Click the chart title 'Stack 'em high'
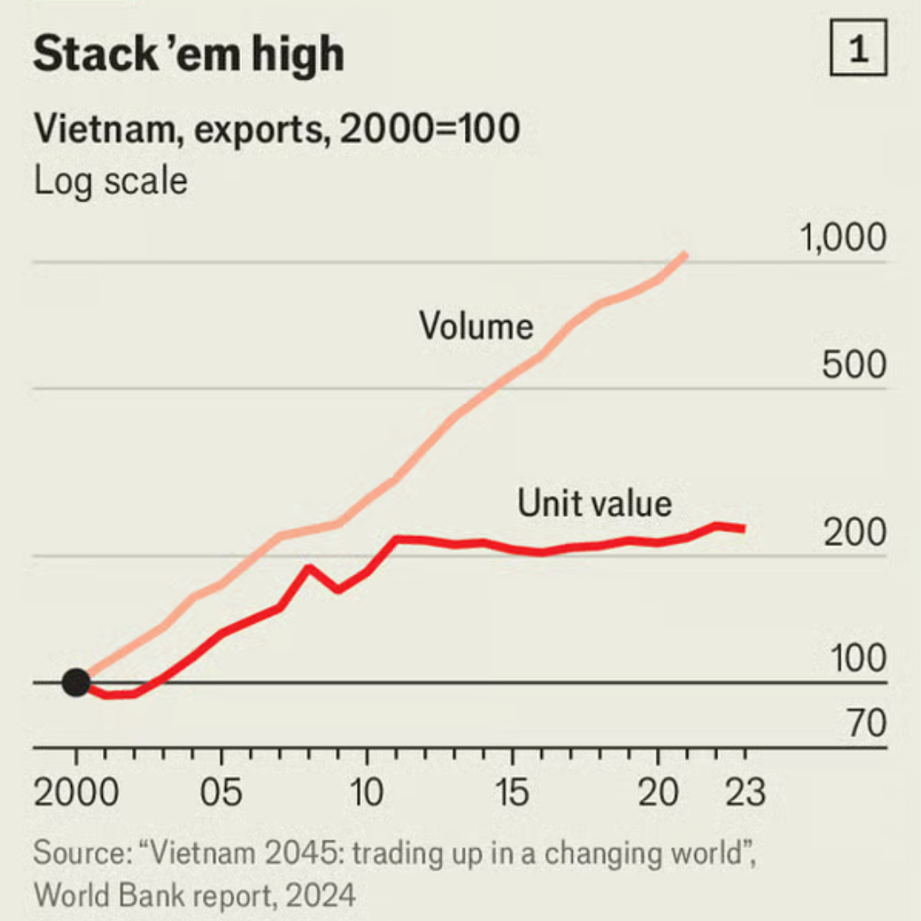[188, 54]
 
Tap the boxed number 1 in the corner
[859, 52]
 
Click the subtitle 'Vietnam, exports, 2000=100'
[276, 130]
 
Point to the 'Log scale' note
[110, 181]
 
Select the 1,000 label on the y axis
[843, 239]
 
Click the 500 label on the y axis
[853, 366]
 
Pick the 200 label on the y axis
[854, 533]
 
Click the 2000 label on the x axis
[76, 793]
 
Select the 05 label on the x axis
[222, 793]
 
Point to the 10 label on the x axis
[366, 793]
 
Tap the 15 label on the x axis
[512, 793]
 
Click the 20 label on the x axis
[657, 793]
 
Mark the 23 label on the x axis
[745, 793]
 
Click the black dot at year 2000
[76, 683]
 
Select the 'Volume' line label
[476, 326]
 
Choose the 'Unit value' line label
[594, 503]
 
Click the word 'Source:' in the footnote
[79, 853]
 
